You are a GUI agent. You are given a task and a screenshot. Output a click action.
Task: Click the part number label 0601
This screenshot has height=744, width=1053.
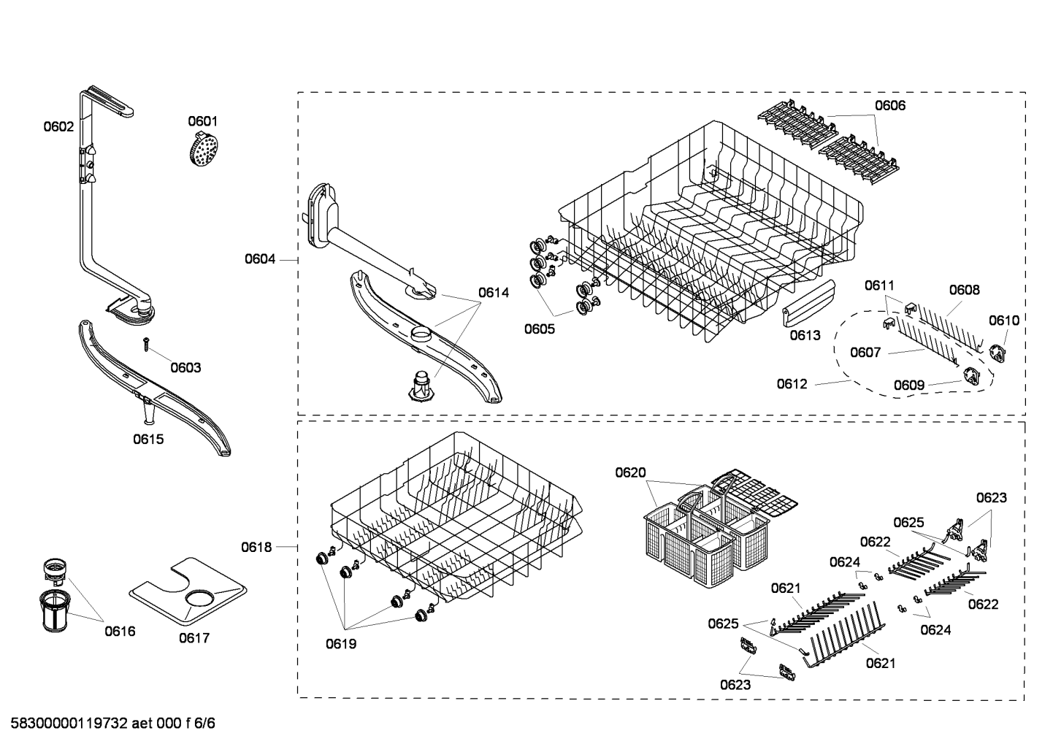coord(202,121)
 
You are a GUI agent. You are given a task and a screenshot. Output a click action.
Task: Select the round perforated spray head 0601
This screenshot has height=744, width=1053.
coord(204,149)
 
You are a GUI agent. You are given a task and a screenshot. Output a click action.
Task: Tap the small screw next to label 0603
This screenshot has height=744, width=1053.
coord(146,344)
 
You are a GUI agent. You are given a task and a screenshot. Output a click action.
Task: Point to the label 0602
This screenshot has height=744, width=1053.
coord(58,126)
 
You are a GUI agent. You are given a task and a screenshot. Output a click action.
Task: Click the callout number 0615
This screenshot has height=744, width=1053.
coord(148,439)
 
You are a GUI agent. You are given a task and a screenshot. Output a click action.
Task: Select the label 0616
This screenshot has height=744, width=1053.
coord(120,632)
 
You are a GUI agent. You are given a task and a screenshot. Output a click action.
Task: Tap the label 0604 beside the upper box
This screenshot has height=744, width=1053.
coord(260,259)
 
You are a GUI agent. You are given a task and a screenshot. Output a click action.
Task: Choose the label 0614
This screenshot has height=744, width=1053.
coord(494,293)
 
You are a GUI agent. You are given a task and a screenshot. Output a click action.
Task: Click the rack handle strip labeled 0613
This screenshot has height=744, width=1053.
coord(808,303)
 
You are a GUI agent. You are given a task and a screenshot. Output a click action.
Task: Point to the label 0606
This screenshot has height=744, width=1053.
coord(890,105)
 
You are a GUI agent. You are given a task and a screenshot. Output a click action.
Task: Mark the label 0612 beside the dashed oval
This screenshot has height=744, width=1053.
coord(792,384)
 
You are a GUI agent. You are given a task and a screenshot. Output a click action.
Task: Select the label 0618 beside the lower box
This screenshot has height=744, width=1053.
coord(256,547)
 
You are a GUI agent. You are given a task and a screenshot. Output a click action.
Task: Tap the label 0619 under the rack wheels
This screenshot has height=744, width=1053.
coord(341,644)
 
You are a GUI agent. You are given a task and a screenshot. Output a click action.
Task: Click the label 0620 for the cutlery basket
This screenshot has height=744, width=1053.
coord(630,472)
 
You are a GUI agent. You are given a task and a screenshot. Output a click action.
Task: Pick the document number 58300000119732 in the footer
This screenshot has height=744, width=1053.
coord(69,723)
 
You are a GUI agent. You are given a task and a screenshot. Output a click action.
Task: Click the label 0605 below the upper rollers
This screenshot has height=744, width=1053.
coord(539,329)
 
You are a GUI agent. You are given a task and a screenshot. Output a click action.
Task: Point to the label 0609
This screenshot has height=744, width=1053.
coord(909,386)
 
